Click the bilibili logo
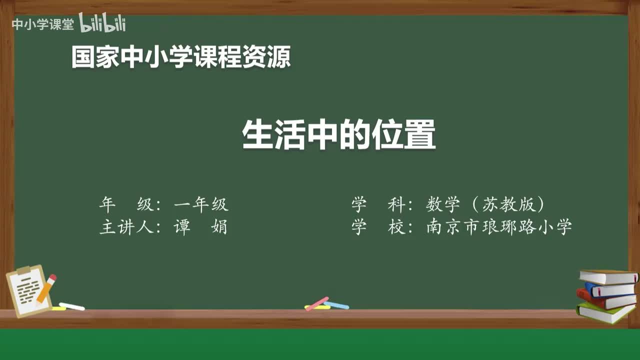tap(102, 23)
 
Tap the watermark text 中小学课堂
tap(42, 24)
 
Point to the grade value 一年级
tap(201, 204)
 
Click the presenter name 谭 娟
tap(200, 227)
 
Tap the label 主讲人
tap(125, 227)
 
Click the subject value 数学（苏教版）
tap(485, 204)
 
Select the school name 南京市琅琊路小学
tap(499, 227)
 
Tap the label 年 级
tap(125, 204)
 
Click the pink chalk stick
tap(317, 303)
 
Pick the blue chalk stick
tap(336, 305)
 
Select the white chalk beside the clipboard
tap(72, 306)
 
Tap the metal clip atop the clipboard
tap(24, 270)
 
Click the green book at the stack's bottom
tap(605, 313)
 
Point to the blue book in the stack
tap(610, 289)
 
